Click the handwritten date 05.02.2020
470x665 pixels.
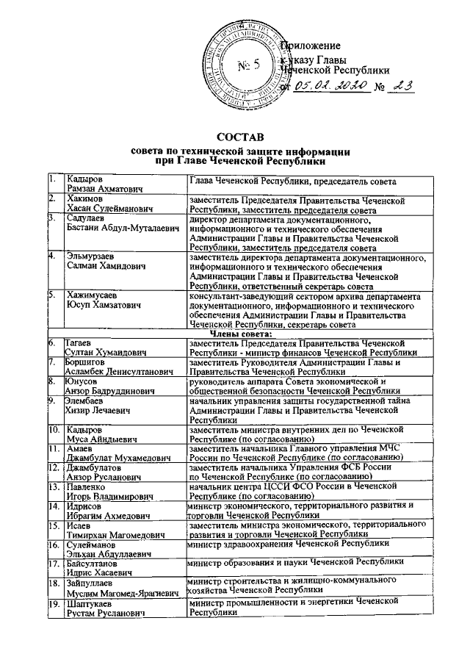pyautogui.click(x=330, y=86)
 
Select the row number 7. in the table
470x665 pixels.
pyautogui.click(x=52, y=362)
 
